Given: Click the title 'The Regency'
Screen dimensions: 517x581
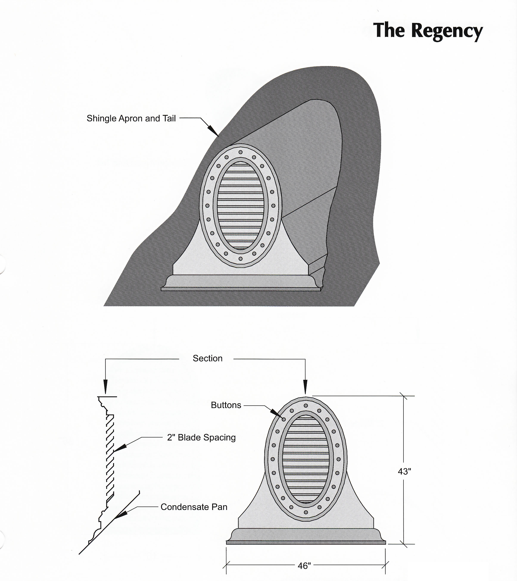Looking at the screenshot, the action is click(x=428, y=31).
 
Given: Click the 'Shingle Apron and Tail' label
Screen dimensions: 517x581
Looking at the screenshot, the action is click(x=131, y=119).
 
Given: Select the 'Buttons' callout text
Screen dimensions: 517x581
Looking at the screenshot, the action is click(x=226, y=405).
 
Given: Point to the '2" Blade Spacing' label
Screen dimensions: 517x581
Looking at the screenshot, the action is click(x=201, y=437).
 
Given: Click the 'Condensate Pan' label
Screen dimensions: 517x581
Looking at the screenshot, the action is click(x=194, y=507).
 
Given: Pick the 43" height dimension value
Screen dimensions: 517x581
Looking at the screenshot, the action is click(x=404, y=471).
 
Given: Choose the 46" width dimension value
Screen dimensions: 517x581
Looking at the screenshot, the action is click(x=304, y=566).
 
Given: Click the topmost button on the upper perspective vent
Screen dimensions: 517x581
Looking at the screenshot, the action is click(x=240, y=152).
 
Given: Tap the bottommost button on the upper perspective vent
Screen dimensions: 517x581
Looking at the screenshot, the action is click(x=240, y=259).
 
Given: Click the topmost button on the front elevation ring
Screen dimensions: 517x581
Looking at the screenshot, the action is click(x=306, y=406).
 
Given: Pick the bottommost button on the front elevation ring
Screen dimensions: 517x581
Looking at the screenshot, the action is click(x=306, y=513).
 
